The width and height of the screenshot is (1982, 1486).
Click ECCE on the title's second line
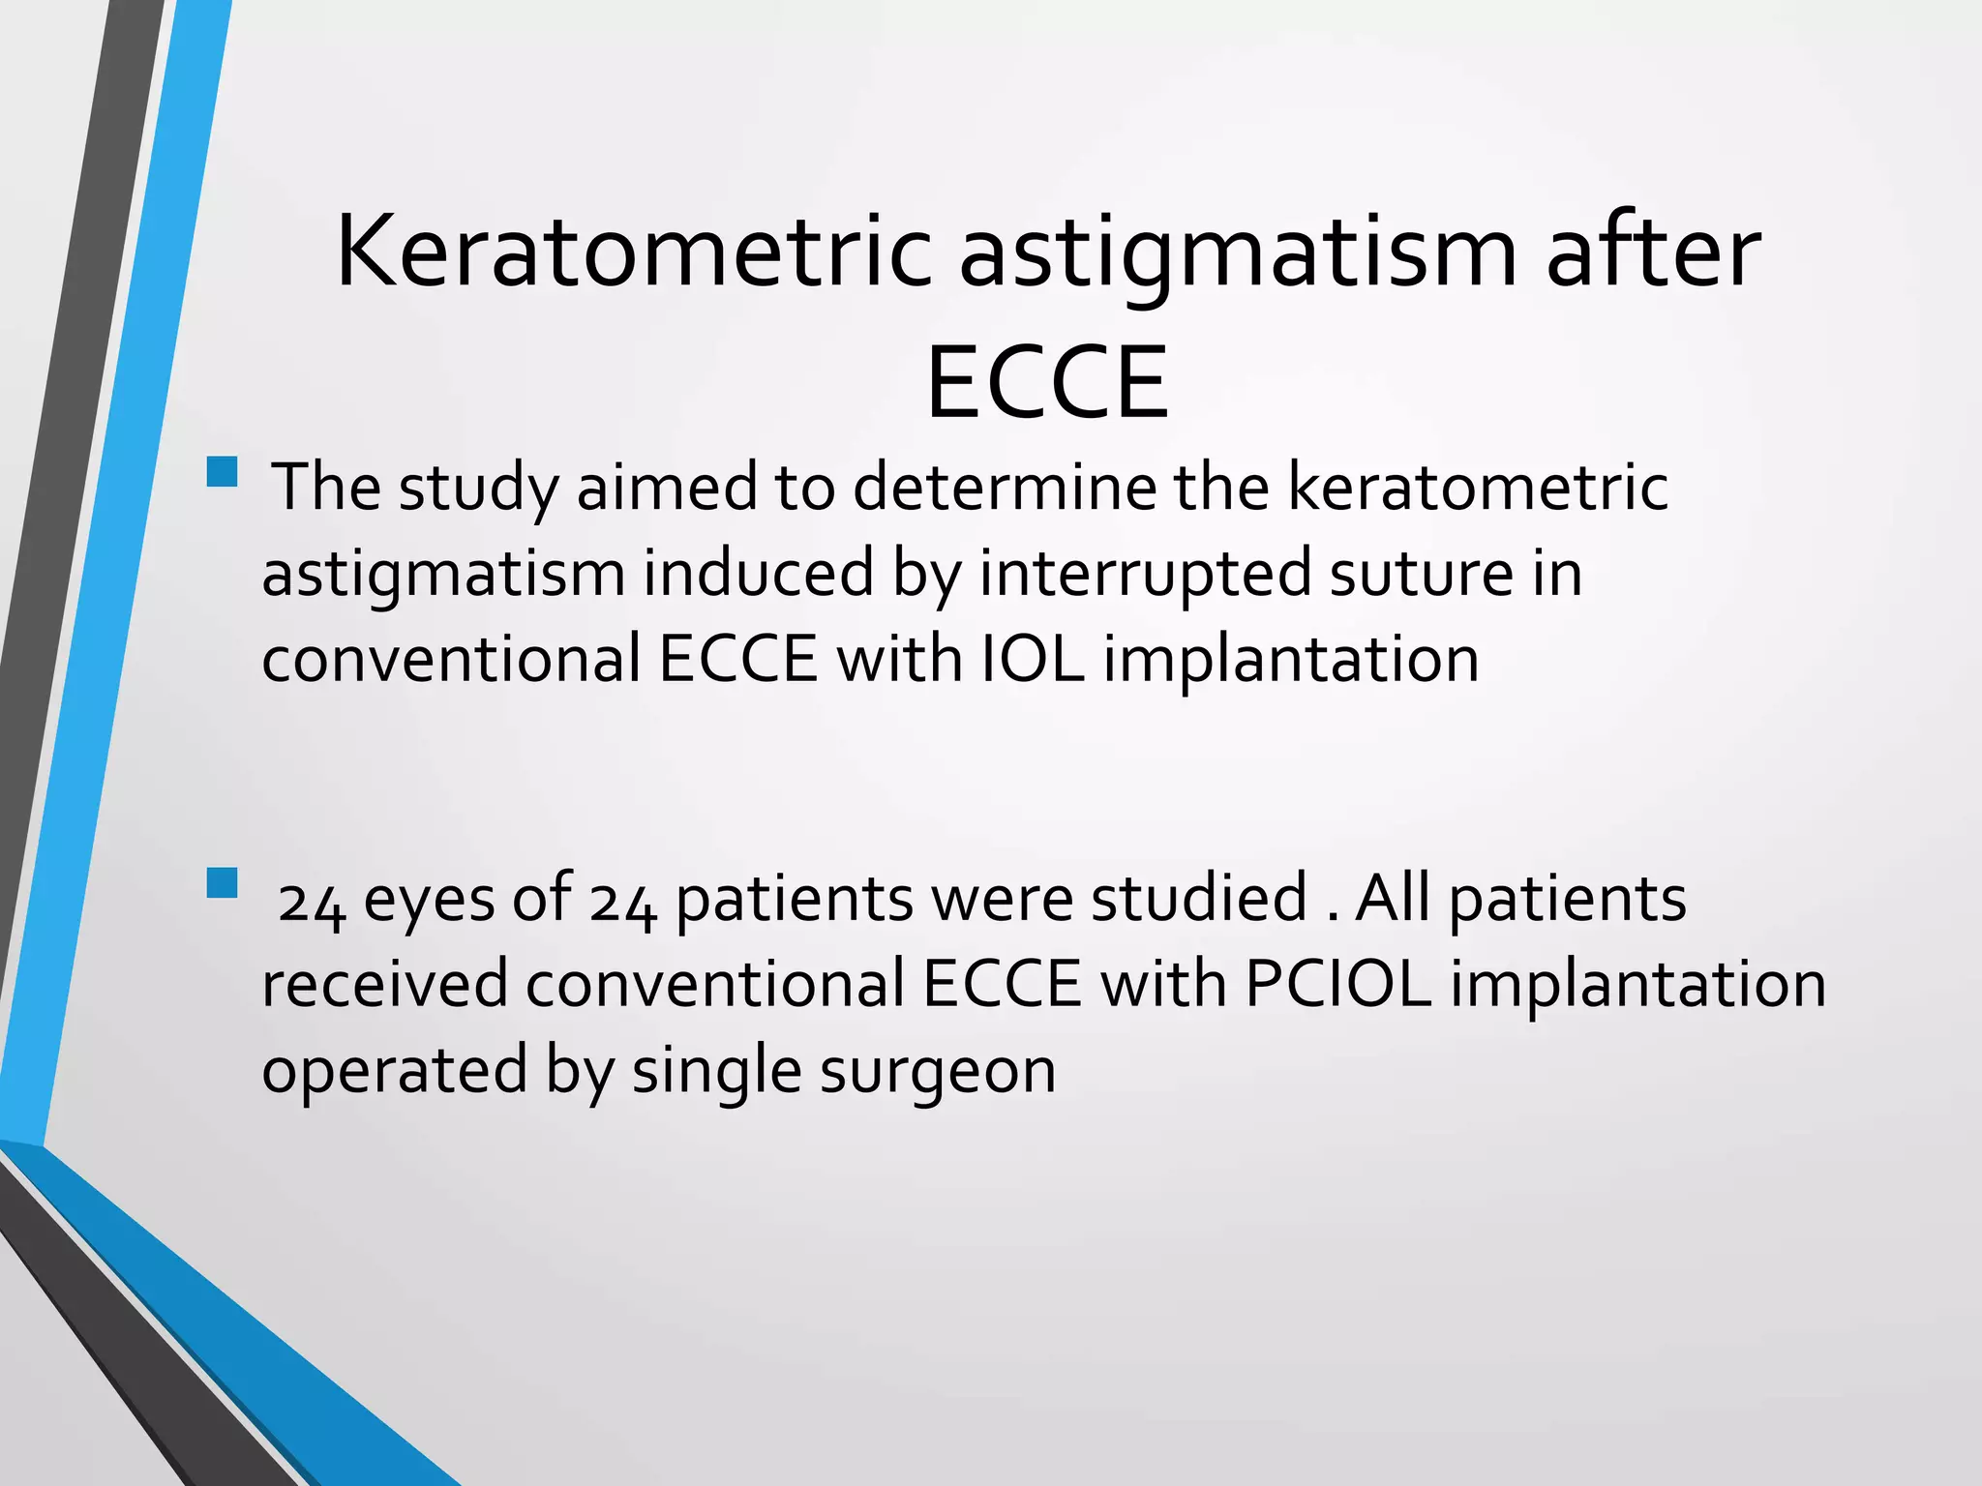(1047, 384)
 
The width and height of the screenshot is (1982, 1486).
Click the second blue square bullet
(223, 882)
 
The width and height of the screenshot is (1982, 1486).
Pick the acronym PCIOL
(1337, 984)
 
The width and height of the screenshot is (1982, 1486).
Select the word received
(384, 984)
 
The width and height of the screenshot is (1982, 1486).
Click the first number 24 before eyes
(311, 902)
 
